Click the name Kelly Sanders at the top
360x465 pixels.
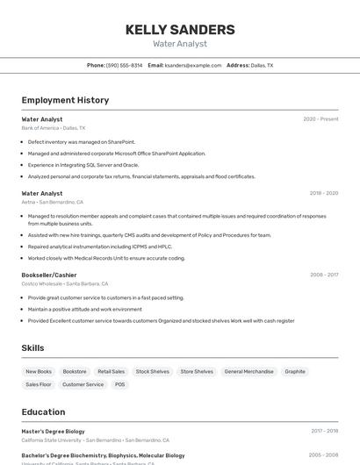[180, 29]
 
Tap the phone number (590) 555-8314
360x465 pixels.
[124, 65]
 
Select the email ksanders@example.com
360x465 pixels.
[193, 65]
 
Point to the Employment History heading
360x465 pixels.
[65, 100]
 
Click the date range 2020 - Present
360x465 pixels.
[320, 118]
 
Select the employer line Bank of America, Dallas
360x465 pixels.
[54, 127]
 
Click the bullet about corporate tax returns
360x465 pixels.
[141, 176]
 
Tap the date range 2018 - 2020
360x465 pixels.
[324, 193]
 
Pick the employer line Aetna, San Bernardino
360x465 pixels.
[52, 202]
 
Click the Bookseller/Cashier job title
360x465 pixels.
[49, 275]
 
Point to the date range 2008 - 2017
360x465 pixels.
[324, 275]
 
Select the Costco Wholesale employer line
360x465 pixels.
[65, 283]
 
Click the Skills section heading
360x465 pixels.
[32, 348]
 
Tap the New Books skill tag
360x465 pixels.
[39, 371]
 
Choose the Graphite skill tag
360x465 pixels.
[295, 371]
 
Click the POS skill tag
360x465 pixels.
[119, 384]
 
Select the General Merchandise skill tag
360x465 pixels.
[248, 371]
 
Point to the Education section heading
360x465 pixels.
[43, 411]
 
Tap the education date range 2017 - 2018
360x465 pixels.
[324, 431]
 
